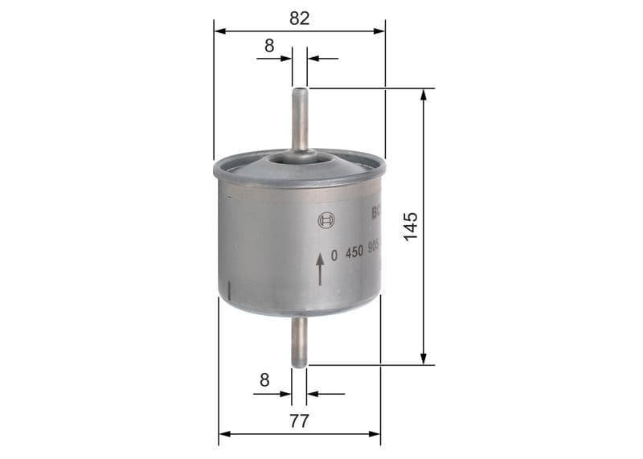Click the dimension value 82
point(299,18)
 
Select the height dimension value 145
point(411,227)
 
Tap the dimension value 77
point(299,420)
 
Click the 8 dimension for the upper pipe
point(269,46)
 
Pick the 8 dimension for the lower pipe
point(264,379)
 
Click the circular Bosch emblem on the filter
point(325,222)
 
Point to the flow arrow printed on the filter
point(321,268)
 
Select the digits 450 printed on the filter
point(354,252)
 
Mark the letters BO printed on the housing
point(376,214)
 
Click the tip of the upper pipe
point(300,90)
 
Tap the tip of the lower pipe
point(300,363)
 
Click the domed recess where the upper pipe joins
point(301,162)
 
